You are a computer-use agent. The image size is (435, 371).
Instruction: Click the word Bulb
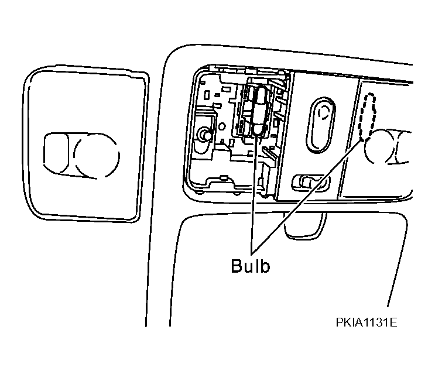tap(250, 266)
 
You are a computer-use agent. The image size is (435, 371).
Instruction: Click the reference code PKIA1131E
tap(367, 322)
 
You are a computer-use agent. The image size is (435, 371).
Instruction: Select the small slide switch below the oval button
tap(311, 182)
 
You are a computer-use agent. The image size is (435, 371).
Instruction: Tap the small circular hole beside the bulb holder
tap(222, 126)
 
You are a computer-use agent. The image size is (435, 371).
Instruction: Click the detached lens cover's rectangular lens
tap(56, 153)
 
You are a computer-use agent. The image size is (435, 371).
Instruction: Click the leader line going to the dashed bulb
tap(307, 196)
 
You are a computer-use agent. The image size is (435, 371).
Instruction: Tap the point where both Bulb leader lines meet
tap(251, 254)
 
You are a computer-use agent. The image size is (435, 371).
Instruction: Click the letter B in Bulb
tap(237, 266)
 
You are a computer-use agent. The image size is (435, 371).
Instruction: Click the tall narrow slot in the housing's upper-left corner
tap(207, 94)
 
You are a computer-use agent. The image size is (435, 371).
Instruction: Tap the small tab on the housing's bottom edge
tap(224, 177)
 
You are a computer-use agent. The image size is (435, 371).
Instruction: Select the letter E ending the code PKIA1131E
tap(393, 322)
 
